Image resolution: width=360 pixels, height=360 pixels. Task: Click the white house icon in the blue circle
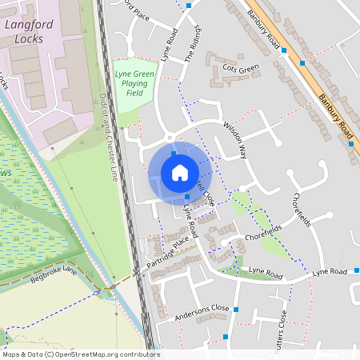pyautogui.click(x=179, y=173)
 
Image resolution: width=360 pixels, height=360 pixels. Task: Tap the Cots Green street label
pyautogui.click(x=242, y=68)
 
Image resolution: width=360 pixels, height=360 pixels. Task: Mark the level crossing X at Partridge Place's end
pyautogui.click(x=136, y=272)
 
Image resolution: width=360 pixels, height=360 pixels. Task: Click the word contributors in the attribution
pyautogui.click(x=138, y=354)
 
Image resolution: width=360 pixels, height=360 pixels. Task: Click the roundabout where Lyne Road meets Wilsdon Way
pyautogui.click(x=170, y=138)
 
